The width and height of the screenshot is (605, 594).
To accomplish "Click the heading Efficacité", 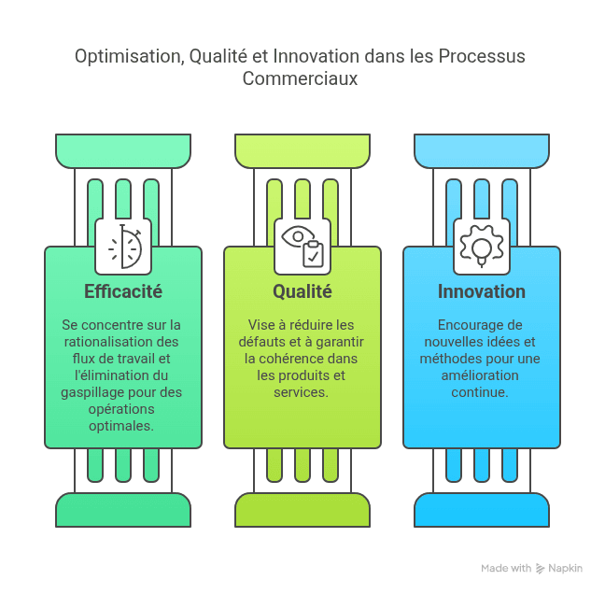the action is [123, 291].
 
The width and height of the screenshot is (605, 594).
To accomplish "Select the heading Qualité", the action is [302, 291].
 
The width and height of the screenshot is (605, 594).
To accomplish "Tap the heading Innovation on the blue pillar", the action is [482, 291].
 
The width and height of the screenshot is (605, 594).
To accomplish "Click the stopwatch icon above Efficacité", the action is [125, 247].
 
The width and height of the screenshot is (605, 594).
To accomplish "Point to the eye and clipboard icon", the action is [302, 247].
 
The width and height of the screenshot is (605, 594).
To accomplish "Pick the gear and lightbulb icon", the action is [482, 246].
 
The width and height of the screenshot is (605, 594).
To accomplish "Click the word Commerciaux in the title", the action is [300, 78].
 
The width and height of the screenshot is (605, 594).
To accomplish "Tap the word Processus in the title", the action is [482, 56].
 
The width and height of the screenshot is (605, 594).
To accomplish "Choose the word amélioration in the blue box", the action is [480, 375].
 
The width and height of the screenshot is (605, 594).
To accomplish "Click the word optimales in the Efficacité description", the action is [121, 426].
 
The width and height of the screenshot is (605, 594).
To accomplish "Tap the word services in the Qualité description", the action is [301, 392].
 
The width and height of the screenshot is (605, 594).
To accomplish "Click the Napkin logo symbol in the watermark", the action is [540, 569].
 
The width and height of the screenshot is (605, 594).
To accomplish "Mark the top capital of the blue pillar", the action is [482, 151].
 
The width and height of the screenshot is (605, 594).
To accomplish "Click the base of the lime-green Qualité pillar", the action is [302, 510].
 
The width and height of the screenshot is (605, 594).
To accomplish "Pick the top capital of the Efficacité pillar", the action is [123, 151].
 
